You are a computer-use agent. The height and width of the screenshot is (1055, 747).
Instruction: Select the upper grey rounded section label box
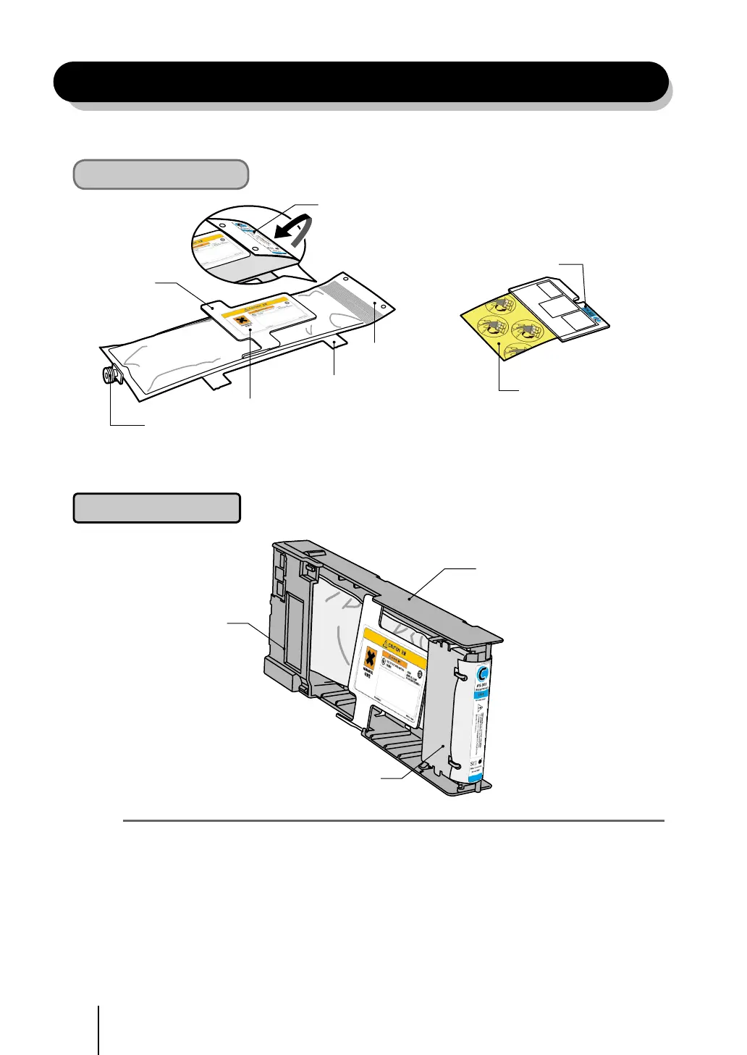[161, 175]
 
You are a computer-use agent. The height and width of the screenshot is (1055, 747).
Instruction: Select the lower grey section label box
[156, 508]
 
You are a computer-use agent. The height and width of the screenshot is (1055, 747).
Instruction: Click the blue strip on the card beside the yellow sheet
[595, 313]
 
